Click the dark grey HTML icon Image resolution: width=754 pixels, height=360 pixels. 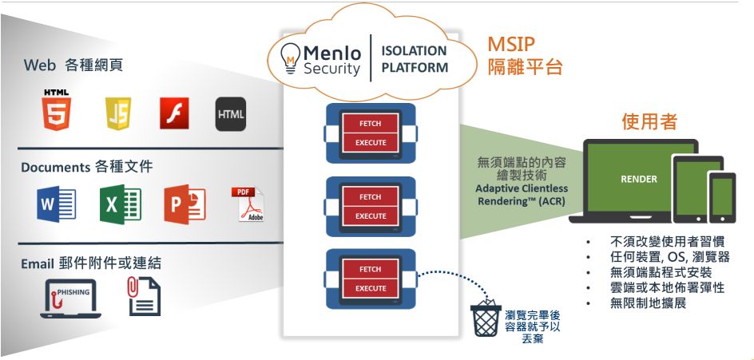click(230, 113)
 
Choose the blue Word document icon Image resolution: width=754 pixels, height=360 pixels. click(56, 204)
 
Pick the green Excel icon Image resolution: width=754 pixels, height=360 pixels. click(120, 204)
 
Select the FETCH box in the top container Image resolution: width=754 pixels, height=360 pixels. click(370, 124)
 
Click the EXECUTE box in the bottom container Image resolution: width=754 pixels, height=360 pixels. click(370, 288)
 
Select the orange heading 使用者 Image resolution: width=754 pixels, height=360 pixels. click(649, 121)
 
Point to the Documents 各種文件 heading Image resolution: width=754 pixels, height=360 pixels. click(86, 167)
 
